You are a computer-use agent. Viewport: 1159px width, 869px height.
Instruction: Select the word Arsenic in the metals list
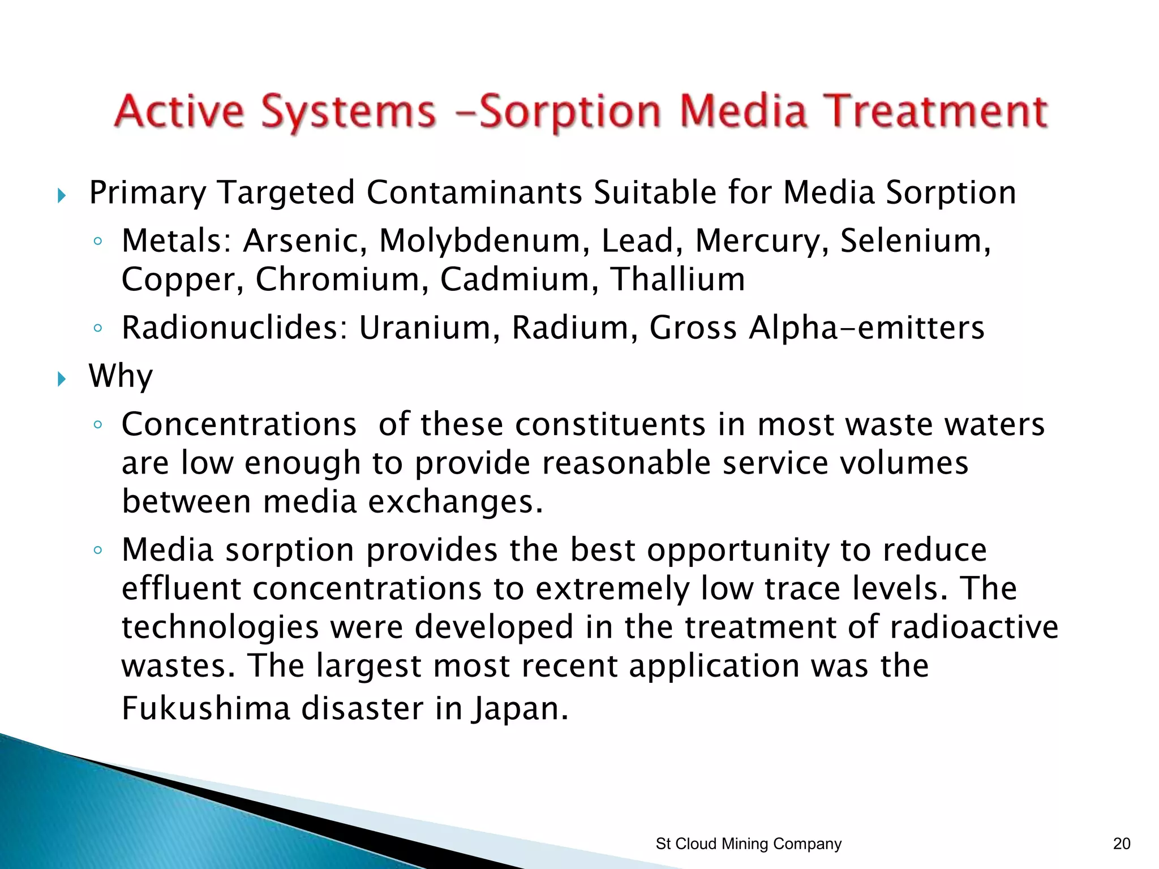click(x=305, y=240)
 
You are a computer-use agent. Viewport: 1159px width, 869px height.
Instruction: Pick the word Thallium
click(x=677, y=279)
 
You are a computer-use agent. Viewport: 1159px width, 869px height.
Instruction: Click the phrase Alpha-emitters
click(x=866, y=328)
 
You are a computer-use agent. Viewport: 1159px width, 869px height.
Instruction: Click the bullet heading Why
click(x=121, y=376)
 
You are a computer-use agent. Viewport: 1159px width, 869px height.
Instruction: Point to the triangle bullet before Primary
click(x=62, y=196)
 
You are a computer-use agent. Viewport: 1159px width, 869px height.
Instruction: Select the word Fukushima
click(x=206, y=708)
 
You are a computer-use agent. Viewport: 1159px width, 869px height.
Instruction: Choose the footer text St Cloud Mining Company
click(x=748, y=844)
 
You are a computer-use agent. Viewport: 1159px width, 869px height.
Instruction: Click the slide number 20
click(x=1122, y=844)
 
